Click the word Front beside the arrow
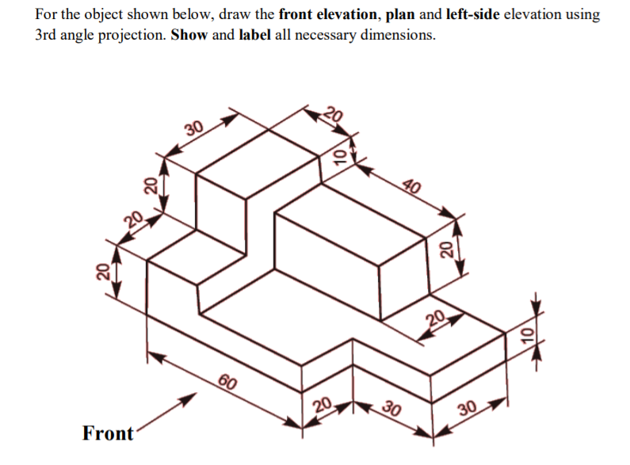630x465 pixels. click(x=108, y=433)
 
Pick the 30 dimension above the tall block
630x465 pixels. click(x=193, y=127)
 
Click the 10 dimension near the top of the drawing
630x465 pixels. click(x=338, y=155)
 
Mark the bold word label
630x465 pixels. click(x=255, y=36)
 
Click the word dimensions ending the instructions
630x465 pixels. click(x=395, y=36)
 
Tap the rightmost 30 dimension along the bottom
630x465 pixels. click(x=468, y=411)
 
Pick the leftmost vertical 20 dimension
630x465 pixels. click(x=102, y=272)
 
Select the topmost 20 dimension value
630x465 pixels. click(x=334, y=113)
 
